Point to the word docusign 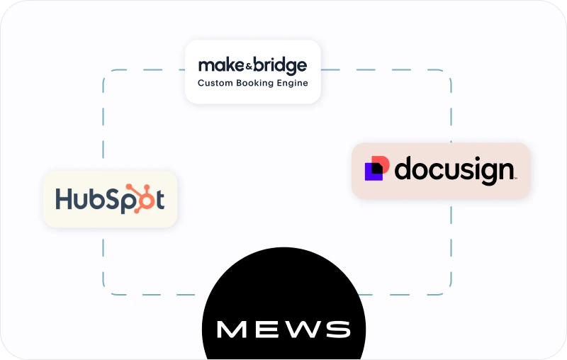(454, 171)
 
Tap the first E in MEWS (267, 329)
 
